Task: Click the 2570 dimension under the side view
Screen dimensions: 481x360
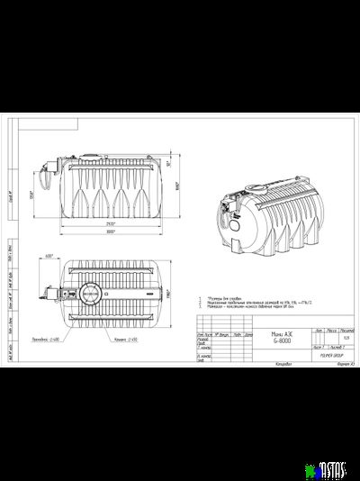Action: coord(109,222)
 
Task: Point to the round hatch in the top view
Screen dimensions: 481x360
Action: coord(91,294)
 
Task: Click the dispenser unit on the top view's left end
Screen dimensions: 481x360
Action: coord(44,294)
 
